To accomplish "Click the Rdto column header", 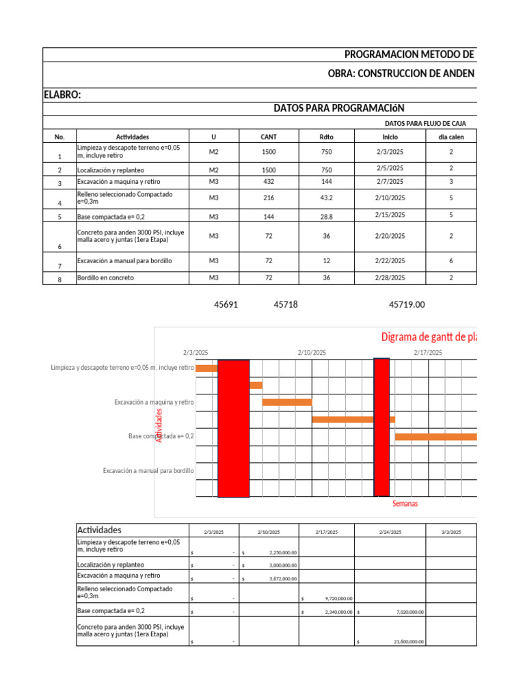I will click(x=326, y=137).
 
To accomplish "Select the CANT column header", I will click(x=269, y=137).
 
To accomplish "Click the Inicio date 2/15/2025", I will click(x=390, y=215).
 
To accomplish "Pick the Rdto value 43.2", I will click(x=326, y=198).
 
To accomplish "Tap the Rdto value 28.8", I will click(x=326, y=217).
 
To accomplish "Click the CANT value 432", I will click(x=269, y=182).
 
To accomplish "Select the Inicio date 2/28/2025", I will click(x=390, y=278).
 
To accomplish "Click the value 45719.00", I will click(x=407, y=305).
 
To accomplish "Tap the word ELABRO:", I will click(x=62, y=95).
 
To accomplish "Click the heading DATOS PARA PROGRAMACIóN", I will click(x=339, y=108).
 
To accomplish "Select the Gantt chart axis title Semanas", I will click(x=405, y=504).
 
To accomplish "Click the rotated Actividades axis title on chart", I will click(x=159, y=425).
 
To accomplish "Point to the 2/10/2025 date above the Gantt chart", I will click(x=312, y=353).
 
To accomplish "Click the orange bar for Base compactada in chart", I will click(x=435, y=436).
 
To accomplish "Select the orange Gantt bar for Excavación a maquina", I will click(x=287, y=402).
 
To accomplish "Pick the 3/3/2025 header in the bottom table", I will click(x=451, y=532).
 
